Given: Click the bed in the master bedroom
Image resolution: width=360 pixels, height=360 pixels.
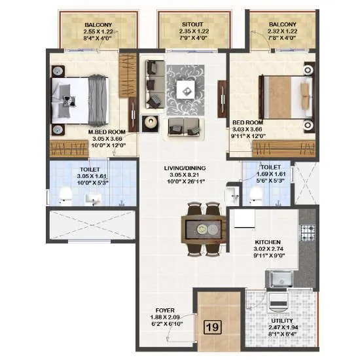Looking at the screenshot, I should tap(80, 98).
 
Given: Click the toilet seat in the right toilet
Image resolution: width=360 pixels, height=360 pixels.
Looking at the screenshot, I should tap(255, 194).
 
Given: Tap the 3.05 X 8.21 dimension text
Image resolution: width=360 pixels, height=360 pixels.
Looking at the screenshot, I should tap(183, 176).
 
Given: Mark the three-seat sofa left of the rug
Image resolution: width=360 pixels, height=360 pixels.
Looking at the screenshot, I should tap(154, 84).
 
